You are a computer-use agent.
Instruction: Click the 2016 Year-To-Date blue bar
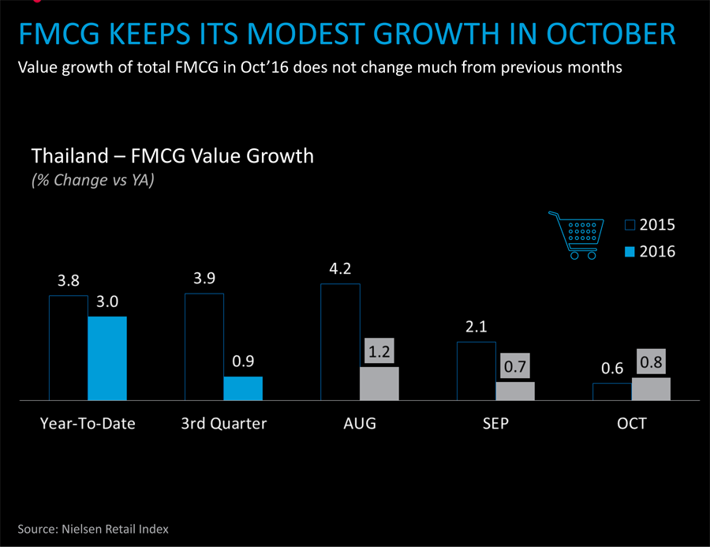(x=107, y=358)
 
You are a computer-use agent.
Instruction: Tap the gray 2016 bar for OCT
(x=651, y=389)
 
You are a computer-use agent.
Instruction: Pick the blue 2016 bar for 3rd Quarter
(x=243, y=388)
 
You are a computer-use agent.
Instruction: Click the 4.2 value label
(x=340, y=268)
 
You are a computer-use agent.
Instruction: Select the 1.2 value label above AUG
(x=379, y=352)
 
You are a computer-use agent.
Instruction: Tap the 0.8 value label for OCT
(x=651, y=362)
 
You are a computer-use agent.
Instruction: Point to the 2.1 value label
(x=476, y=327)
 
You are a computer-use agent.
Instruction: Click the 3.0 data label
(x=107, y=302)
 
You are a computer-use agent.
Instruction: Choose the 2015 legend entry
(x=650, y=225)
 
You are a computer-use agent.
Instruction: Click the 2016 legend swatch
(x=630, y=252)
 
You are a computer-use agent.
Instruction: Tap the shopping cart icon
(x=577, y=235)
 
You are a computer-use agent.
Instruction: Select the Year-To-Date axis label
(x=88, y=423)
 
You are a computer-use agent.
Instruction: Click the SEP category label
(x=496, y=423)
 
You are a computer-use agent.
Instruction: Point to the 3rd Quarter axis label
(x=224, y=423)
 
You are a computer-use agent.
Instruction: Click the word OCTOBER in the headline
(x=611, y=34)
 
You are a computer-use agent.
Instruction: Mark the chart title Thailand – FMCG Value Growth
(x=173, y=156)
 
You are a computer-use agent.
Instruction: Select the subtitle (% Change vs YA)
(x=93, y=181)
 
